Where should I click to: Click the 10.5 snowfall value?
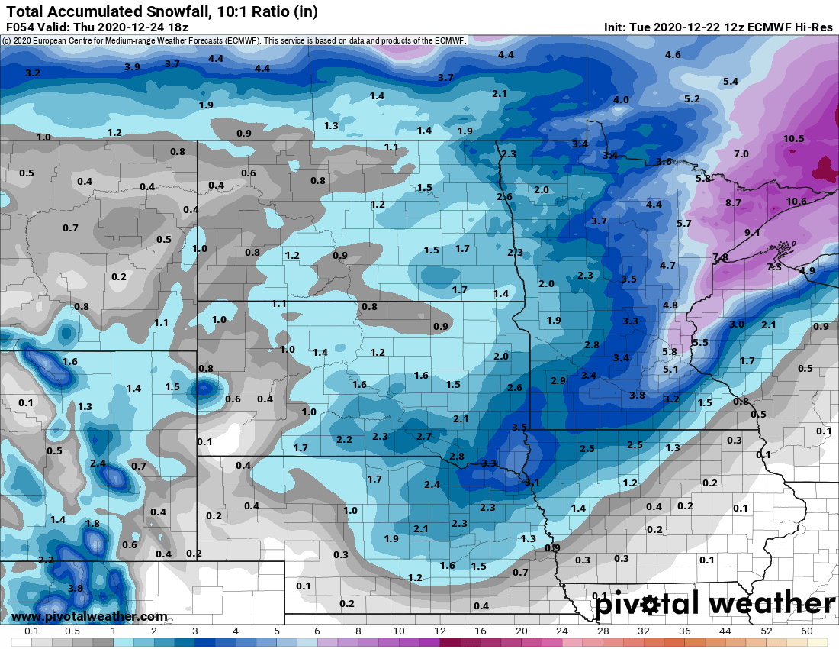(x=793, y=138)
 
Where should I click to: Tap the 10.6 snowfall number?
(x=796, y=202)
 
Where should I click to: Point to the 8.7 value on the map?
(x=733, y=202)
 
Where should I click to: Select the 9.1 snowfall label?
(x=752, y=232)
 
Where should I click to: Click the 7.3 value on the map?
(x=773, y=266)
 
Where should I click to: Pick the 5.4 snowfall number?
(x=730, y=82)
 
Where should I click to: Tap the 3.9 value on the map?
(x=132, y=67)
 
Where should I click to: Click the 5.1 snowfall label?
(x=670, y=370)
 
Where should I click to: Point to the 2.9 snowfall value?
(x=558, y=380)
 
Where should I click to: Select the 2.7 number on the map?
(x=424, y=436)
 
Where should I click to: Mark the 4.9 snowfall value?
(x=807, y=271)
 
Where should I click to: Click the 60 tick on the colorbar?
(x=807, y=632)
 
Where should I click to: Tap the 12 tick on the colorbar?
(x=439, y=632)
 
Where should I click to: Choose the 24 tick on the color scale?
(x=562, y=632)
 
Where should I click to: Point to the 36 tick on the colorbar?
(x=685, y=632)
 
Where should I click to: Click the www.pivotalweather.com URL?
(x=89, y=616)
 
